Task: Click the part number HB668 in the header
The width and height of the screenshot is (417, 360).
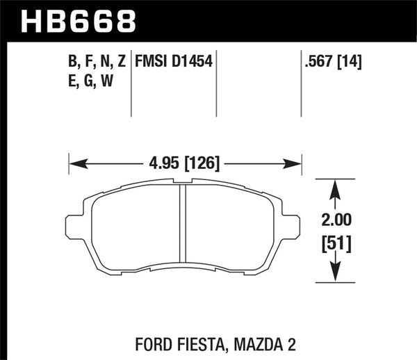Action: tap(79, 20)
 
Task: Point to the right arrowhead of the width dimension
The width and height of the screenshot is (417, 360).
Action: tap(297, 164)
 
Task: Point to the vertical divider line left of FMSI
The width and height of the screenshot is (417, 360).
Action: tap(132, 83)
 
